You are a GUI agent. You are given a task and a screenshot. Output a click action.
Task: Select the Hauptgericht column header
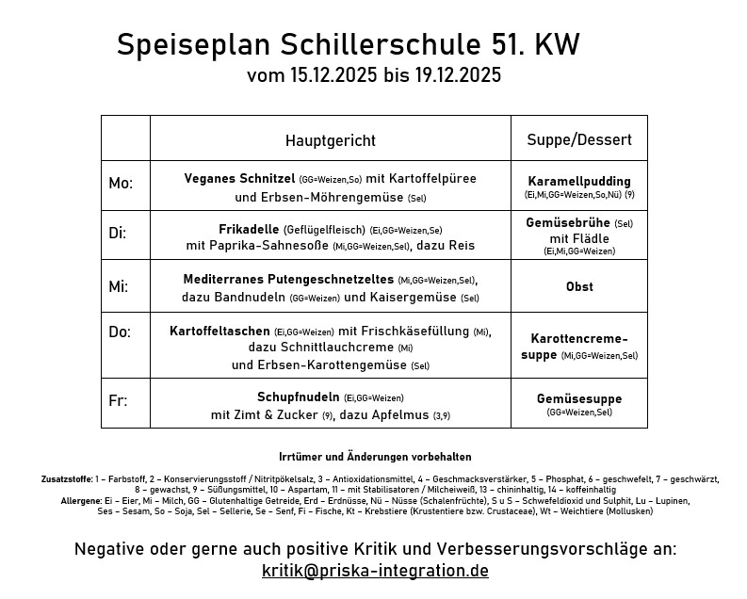330,140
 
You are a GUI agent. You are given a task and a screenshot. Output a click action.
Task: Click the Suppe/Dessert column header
578,140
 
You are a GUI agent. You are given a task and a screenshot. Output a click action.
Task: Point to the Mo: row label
121,185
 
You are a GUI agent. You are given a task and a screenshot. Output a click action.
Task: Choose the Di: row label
118,234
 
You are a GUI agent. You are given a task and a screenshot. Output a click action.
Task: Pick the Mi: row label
119,286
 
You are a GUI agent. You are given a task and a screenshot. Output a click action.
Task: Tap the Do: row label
120,332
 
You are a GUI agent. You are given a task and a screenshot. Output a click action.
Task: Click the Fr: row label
118,400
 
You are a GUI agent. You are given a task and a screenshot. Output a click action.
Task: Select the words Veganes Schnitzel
239,178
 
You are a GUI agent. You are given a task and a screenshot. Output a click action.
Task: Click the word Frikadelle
248,228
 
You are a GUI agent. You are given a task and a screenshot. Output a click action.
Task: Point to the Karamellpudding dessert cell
579,181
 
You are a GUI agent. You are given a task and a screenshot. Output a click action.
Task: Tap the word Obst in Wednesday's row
579,286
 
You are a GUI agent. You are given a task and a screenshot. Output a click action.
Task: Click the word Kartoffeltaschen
219,331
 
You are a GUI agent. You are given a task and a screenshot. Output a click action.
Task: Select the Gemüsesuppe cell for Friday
579,398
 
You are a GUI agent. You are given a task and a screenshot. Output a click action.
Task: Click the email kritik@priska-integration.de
375,571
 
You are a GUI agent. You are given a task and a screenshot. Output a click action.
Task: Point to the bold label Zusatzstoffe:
66,479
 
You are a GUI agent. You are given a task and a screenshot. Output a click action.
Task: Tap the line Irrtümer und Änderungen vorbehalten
375,457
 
